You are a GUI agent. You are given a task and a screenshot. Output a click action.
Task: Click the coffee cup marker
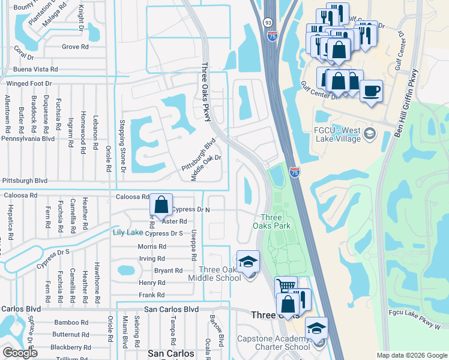(372, 91)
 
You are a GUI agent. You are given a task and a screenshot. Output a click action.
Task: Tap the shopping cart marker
(286, 287)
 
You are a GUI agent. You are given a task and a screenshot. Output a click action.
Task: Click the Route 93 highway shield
(267, 22)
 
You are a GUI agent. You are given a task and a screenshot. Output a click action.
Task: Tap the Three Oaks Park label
(276, 221)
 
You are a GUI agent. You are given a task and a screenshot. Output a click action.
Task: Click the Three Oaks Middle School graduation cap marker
(248, 262)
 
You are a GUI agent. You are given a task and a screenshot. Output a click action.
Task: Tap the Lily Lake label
(128, 233)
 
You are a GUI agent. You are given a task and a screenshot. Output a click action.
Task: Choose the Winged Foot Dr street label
(29, 83)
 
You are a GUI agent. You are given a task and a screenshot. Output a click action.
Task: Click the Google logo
(20, 353)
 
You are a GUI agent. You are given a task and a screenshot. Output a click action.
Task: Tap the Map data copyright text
(411, 355)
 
